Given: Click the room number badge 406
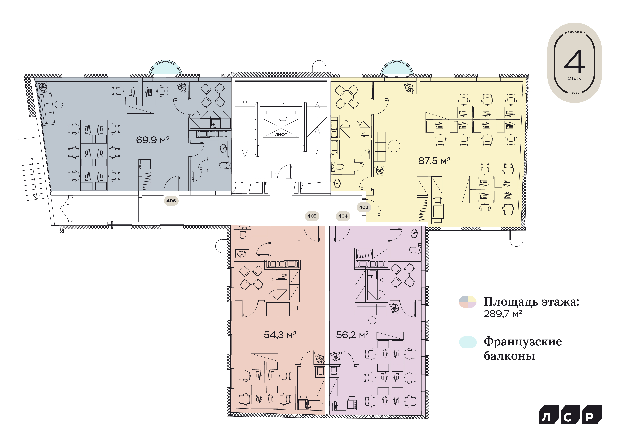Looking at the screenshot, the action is (x=171, y=201).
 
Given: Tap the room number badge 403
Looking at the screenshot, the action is (x=364, y=207).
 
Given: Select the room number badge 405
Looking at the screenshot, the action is (x=312, y=216).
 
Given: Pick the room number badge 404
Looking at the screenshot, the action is (x=343, y=216).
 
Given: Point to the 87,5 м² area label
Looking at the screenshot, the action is (x=434, y=161).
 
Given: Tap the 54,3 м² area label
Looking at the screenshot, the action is (x=280, y=335).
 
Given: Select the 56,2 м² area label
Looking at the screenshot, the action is (x=352, y=335).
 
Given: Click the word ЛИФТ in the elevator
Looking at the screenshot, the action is (x=281, y=134).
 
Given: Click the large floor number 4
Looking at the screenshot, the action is (x=574, y=61).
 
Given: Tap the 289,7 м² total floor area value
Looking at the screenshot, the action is (x=503, y=314).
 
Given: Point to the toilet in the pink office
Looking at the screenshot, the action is (x=243, y=234).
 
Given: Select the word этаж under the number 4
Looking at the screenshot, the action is (x=574, y=78).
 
